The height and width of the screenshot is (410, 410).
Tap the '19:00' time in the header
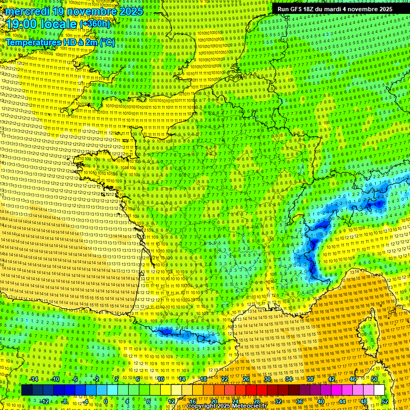[x=20, y=25]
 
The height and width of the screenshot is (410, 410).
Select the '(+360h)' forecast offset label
[x=94, y=24]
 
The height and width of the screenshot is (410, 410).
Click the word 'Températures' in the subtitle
[x=31, y=42]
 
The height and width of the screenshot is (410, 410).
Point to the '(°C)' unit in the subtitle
[x=106, y=42]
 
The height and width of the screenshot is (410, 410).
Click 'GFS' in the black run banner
[x=299, y=9]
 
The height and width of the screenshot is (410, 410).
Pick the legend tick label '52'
[x=385, y=401]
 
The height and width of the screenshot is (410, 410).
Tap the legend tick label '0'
[x=106, y=401]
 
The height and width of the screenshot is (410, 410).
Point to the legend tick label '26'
[x=246, y=379]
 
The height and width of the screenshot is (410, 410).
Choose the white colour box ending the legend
[x=379, y=390]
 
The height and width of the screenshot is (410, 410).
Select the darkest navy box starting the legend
[x=27, y=390]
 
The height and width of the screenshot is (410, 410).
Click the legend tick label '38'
[x=310, y=379]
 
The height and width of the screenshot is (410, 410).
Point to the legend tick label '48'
[x=364, y=401]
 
